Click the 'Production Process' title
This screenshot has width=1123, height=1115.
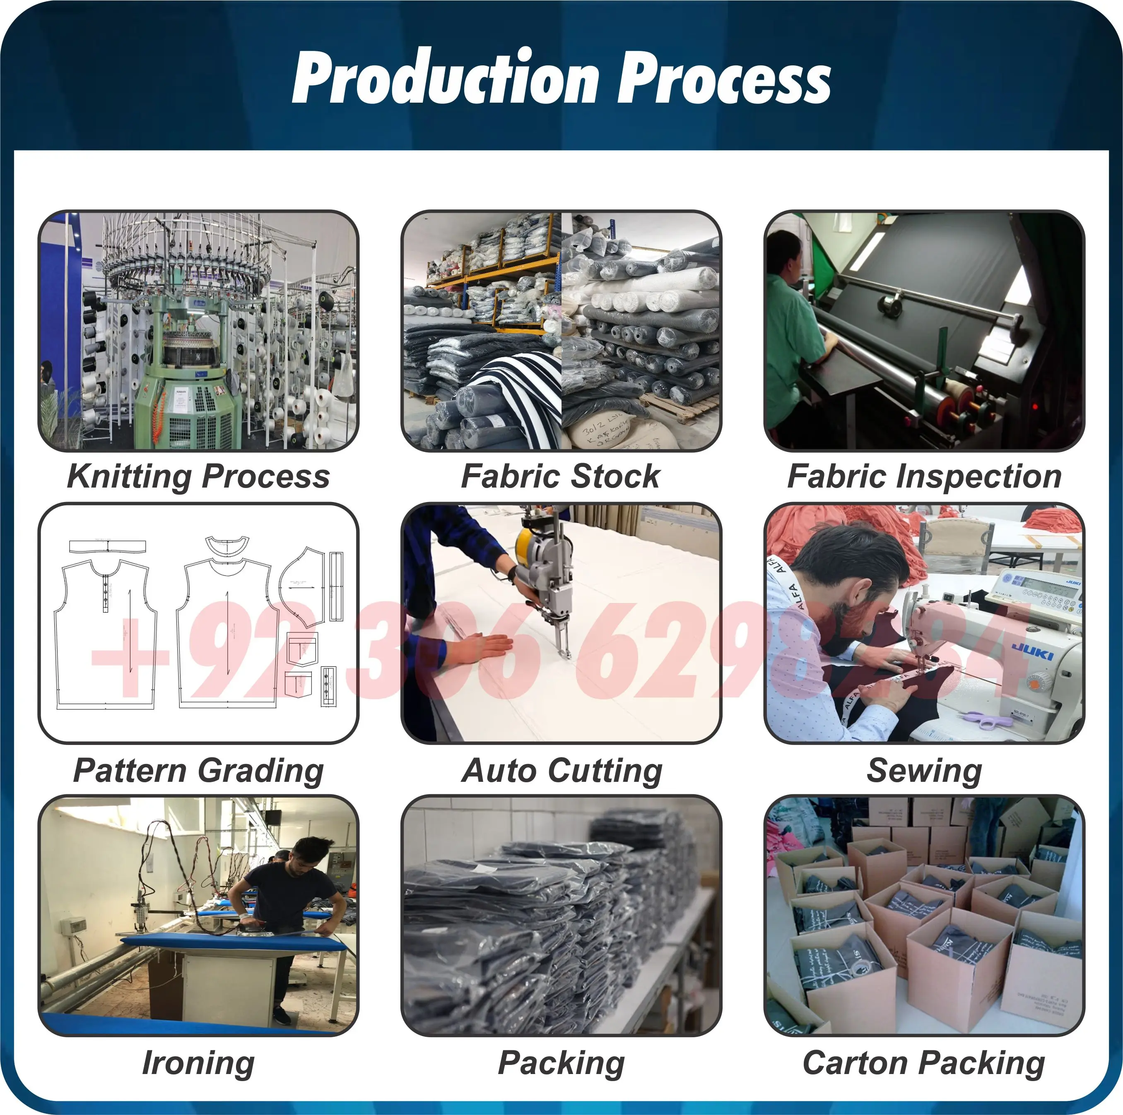pos(561,77)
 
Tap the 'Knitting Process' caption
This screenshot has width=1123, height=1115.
pos(198,476)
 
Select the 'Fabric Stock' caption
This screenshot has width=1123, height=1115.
pos(561,476)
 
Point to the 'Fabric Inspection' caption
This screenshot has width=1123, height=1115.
pos(924,476)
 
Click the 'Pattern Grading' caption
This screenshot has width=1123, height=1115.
pos(198,771)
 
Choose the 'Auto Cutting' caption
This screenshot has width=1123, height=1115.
pos(561,771)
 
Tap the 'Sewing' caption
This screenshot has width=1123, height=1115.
pos(924,771)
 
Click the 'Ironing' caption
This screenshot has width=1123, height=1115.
pos(198,1063)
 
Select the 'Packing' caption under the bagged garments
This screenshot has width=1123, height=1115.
pos(561,1063)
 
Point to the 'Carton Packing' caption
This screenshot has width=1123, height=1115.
pos(924,1063)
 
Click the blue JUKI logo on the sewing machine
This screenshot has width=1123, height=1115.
pos(1033,651)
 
